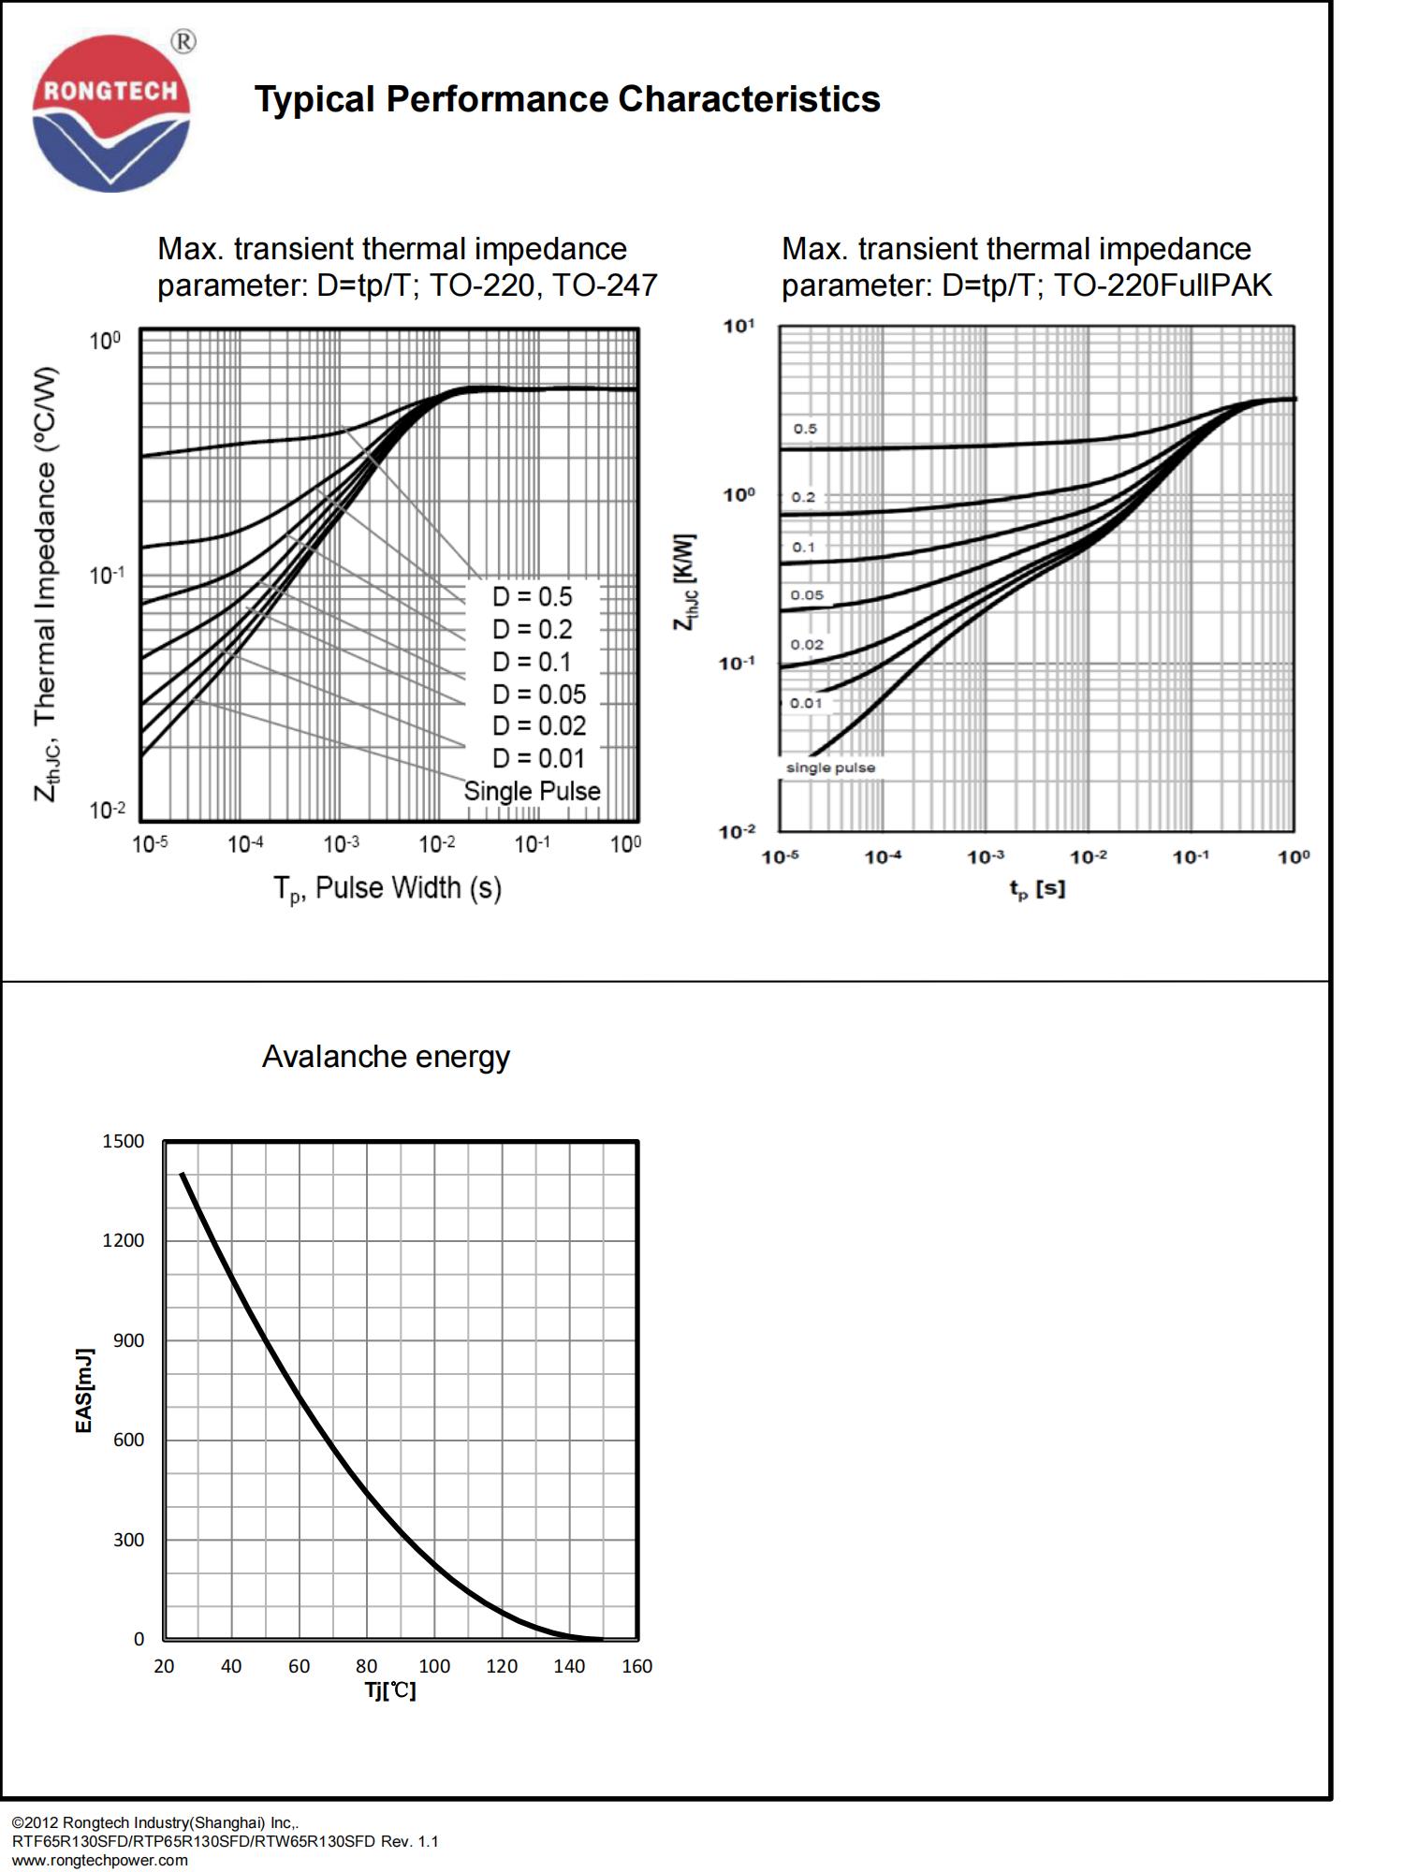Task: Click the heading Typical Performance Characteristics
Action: point(567,99)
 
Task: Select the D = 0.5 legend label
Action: point(532,597)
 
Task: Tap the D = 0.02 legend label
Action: point(538,726)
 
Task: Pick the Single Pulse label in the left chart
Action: point(532,791)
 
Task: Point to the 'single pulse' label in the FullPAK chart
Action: point(830,768)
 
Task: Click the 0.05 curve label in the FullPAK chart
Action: point(807,595)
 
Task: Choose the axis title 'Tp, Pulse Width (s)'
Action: point(387,888)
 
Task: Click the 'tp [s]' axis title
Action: point(1037,888)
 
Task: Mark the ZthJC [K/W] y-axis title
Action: point(685,582)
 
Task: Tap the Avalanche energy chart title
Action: point(386,1057)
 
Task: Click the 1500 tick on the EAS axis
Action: point(124,1141)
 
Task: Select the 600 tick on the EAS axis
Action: point(129,1440)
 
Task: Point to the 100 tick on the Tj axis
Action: point(434,1666)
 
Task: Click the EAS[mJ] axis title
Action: point(84,1390)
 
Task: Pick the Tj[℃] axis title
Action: point(390,1690)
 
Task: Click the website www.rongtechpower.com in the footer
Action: point(99,1860)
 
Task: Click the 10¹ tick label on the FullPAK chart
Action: point(739,326)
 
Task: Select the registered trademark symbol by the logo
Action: point(184,41)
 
